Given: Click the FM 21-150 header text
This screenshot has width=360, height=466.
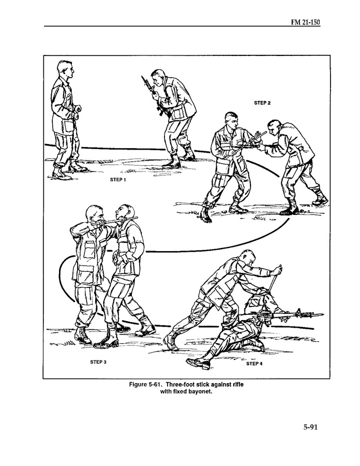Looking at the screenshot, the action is tap(305, 22).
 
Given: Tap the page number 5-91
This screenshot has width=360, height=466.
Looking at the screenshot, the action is tap(310, 427).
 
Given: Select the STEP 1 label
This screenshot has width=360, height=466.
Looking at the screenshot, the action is tap(118, 180).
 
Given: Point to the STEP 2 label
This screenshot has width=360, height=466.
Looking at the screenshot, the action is tap(262, 103).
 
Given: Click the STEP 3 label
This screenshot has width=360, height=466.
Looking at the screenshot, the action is tap(98, 362).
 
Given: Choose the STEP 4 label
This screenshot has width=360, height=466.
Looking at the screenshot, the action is tap(254, 363).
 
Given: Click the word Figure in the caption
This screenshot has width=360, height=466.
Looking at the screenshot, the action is tap(138, 385).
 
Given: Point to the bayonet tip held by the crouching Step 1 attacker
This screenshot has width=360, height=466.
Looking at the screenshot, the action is tap(142, 78).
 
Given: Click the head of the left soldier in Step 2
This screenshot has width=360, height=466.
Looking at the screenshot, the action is tap(232, 120).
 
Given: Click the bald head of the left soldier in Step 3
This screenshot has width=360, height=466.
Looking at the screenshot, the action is tap(94, 214).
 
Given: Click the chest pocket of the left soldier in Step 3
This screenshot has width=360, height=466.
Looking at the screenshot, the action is tap(89, 250).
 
